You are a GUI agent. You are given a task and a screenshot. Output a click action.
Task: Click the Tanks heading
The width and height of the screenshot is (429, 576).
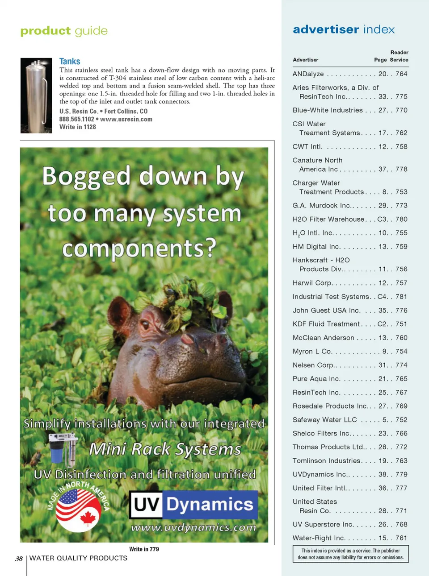point(70,62)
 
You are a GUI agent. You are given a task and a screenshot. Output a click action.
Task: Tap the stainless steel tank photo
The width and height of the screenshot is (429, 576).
point(36,95)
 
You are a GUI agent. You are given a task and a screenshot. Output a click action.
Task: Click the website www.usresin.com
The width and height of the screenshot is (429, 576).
point(126,119)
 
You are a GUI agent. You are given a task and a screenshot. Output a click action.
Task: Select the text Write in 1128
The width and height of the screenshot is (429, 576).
point(78,127)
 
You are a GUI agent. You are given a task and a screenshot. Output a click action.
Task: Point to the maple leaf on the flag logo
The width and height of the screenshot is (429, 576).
point(88,518)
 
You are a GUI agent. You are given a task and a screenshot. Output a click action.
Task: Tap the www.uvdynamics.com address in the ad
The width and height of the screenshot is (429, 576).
point(193,527)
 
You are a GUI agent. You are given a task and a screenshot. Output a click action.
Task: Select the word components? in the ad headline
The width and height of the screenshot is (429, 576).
point(139,248)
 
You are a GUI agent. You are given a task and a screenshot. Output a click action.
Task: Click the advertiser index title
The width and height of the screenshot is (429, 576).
point(344,29)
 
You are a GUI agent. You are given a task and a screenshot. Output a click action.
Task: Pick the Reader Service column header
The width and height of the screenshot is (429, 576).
point(399,56)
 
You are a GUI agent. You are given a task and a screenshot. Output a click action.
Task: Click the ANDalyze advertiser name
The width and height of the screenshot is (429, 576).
point(308,74)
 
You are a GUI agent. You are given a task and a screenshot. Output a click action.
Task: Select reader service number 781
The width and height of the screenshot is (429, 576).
point(401,297)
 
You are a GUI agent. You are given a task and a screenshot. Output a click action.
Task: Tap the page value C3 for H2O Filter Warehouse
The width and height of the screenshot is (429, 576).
point(382,220)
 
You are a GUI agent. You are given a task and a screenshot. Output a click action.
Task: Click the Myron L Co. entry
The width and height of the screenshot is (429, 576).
point(312,352)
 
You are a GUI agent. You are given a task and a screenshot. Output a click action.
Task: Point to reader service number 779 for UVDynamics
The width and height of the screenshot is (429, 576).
point(401,474)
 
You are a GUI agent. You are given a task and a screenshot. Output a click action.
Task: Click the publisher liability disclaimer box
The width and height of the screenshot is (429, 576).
point(350,554)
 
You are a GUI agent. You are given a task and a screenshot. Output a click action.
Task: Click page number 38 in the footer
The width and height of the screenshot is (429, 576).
point(19,559)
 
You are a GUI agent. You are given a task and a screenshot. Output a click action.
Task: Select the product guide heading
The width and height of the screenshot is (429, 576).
point(64,31)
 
